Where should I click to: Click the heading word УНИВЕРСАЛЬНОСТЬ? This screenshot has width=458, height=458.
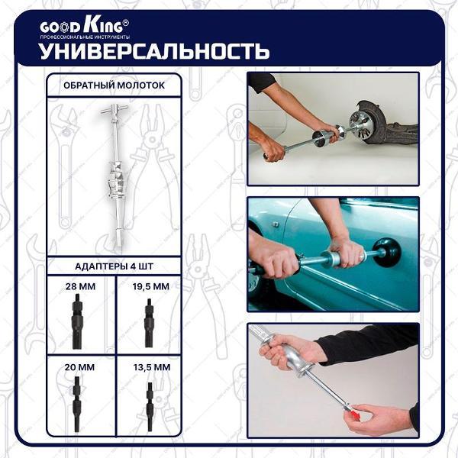tap(154, 51)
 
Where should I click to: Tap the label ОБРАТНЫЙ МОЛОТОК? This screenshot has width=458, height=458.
tap(114, 85)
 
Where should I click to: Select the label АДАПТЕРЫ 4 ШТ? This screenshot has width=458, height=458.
tap(114, 266)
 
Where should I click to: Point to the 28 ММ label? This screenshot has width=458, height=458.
tap(80, 286)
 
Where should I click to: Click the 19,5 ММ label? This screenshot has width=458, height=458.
tap(150, 286)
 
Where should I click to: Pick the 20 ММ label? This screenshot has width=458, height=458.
tap(79, 367)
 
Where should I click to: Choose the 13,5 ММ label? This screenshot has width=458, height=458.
tap(152, 367)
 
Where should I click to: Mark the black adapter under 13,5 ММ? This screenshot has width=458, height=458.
tap(150, 407)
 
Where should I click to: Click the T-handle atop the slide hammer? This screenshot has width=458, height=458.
tap(114, 110)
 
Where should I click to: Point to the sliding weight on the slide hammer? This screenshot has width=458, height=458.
tap(116, 179)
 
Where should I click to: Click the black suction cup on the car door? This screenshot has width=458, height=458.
tap(388, 253)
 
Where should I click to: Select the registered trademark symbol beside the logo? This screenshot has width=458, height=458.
tap(125, 22)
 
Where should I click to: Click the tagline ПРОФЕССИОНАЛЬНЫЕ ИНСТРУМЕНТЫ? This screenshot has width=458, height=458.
tap(85, 37)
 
